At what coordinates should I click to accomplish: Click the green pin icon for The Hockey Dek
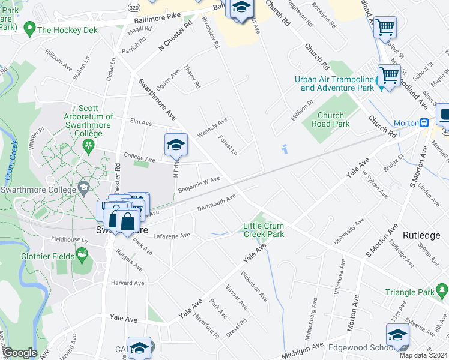click(28, 28)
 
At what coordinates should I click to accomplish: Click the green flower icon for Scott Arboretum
click(88, 145)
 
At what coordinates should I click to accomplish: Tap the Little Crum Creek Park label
click(264, 230)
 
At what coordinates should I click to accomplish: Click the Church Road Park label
click(331, 119)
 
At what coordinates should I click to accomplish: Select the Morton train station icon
click(424, 123)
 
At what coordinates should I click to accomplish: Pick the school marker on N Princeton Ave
click(176, 145)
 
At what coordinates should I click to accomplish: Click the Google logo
click(20, 353)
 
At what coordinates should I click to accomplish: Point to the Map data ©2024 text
click(424, 355)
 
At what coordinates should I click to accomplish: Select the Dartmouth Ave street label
click(216, 204)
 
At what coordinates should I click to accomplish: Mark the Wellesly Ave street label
click(212, 128)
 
